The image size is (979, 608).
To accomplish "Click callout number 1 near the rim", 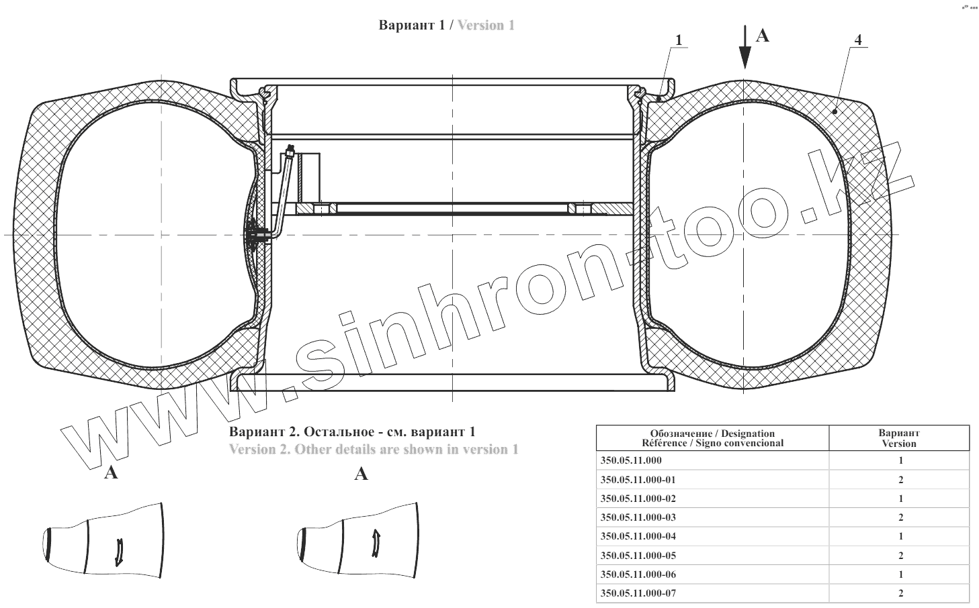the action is pos(678,40).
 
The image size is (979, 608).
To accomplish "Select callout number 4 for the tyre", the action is pos(858,40).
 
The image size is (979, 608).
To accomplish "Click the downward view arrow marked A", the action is pos(744,47).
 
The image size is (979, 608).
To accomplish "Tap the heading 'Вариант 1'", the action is pos(411,25).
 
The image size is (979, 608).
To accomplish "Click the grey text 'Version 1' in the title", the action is pos(486,25).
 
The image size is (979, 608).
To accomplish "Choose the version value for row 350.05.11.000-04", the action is pos(901,536).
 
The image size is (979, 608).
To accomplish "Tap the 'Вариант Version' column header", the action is pos(899,438).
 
